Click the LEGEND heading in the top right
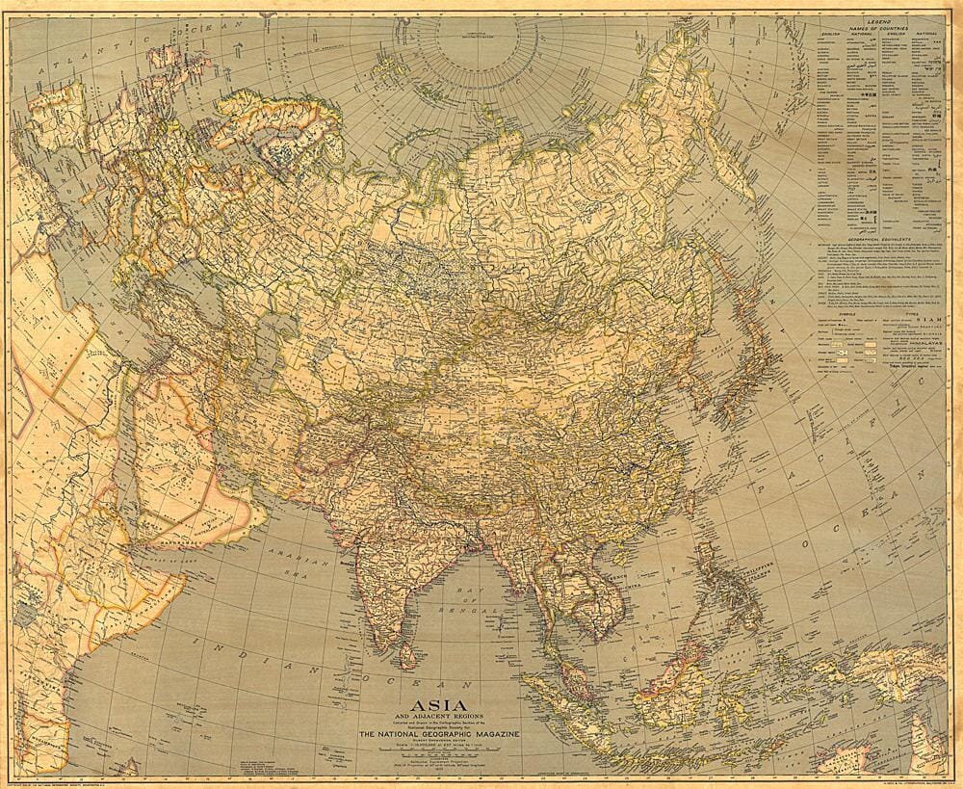coord(878,21)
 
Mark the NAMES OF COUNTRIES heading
coord(878,30)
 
